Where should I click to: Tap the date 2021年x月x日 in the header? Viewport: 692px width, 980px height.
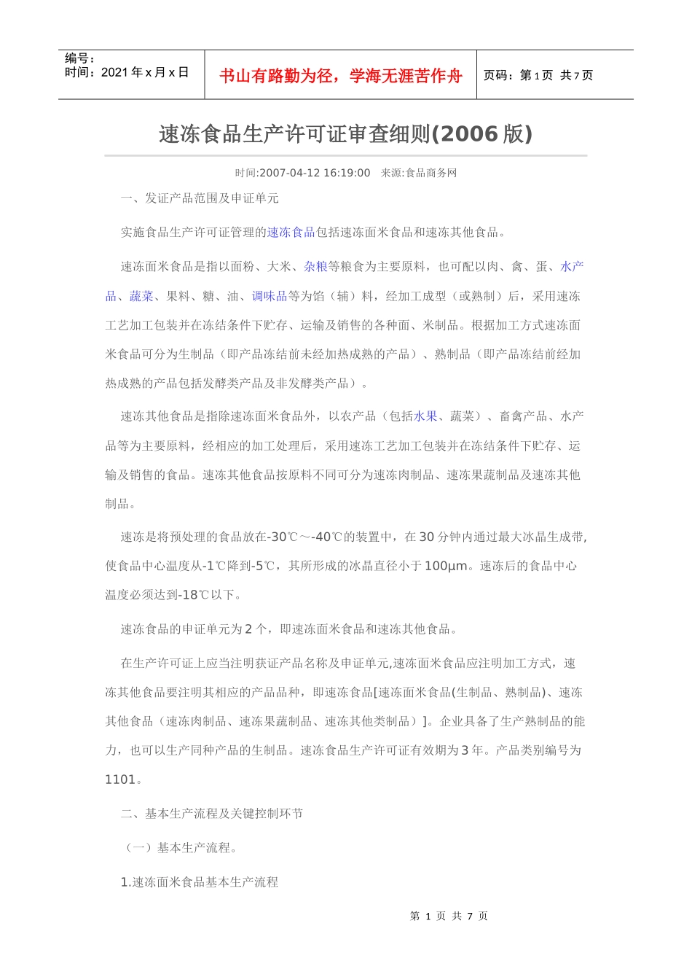[x=145, y=72]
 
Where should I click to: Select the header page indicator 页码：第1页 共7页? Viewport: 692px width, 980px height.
[x=538, y=75]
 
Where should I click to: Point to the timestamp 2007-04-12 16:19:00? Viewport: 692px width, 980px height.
[x=315, y=173]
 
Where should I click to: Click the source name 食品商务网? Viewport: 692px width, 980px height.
[x=431, y=173]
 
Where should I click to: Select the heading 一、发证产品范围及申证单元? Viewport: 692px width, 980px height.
[x=200, y=198]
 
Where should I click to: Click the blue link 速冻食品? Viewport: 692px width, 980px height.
[x=291, y=233]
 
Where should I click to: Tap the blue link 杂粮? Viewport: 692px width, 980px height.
[x=315, y=267]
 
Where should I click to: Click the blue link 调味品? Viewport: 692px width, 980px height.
[x=270, y=296]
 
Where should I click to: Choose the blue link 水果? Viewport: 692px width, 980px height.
[x=425, y=416]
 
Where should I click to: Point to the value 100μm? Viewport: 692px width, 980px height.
[x=446, y=566]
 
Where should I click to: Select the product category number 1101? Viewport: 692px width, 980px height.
[x=120, y=779]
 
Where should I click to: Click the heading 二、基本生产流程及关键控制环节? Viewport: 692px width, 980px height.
[x=212, y=814]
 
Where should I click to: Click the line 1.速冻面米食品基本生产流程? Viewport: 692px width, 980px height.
[x=199, y=882]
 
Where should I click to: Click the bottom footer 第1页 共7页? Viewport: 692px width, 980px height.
[x=449, y=916]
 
